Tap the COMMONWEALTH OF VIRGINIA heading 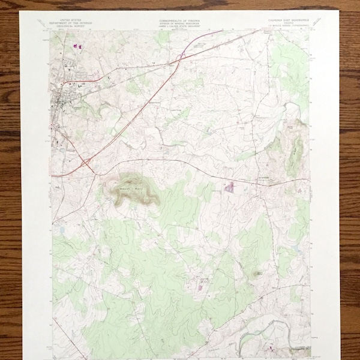pos(179,21)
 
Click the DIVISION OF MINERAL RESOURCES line pos(179,24)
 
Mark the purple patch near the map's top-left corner pos(76,46)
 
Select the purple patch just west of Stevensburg pos(229,187)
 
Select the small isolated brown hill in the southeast pos(258,274)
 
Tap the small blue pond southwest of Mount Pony pos(62,230)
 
